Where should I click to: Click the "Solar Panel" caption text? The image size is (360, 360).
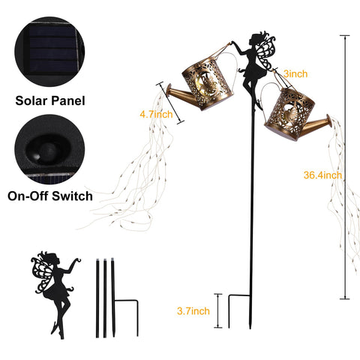[x=50, y=100]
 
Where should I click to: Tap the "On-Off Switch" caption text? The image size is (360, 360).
[x=50, y=196]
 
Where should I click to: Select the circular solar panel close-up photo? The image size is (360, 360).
[x=49, y=52]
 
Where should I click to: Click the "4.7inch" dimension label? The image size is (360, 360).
[x=156, y=115]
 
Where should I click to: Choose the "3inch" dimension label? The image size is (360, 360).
[x=295, y=74]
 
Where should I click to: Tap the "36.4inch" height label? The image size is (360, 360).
[x=322, y=175]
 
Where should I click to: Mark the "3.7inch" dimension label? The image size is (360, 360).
[x=193, y=311]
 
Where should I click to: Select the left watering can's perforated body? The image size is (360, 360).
[x=208, y=83]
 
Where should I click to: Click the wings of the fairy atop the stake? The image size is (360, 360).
[x=265, y=53]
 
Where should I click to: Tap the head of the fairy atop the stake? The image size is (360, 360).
[x=256, y=38]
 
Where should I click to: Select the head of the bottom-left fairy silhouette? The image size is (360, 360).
[x=54, y=259]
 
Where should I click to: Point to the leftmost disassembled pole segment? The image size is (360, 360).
[x=97, y=298]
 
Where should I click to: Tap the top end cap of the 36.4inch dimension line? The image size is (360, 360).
[x=345, y=36]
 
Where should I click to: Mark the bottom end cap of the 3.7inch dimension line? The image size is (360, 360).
[x=218, y=327]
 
